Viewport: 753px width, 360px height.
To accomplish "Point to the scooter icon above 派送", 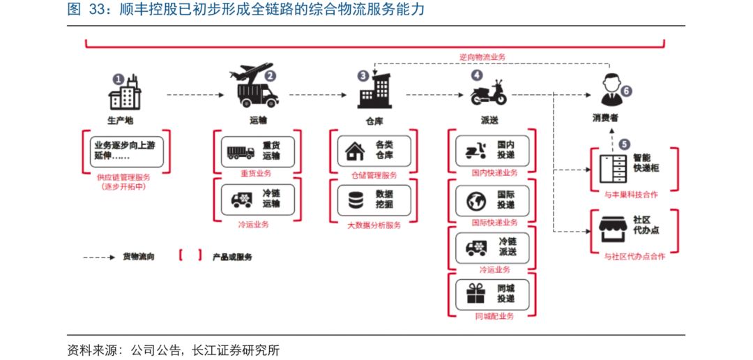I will pos(489,92).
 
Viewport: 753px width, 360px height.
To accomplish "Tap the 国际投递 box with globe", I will pos(492,200).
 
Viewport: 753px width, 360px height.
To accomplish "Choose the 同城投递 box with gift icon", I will pos(492,293).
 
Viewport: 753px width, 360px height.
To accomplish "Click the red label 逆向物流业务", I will pos(482,57).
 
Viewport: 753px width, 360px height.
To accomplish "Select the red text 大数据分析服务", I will pos(374,225).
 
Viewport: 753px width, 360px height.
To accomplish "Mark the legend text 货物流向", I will pos(139,257).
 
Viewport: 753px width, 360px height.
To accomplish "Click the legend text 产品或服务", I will pos(233,257).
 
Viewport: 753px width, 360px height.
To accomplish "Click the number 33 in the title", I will pos(94,10).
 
